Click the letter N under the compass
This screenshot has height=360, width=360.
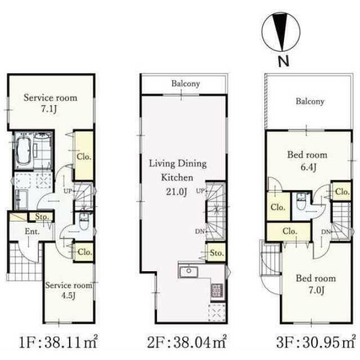(x=283, y=61)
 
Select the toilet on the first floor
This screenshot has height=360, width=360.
(x=83, y=222)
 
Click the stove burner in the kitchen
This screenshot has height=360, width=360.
(x=217, y=291)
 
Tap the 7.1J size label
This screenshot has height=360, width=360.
(x=49, y=109)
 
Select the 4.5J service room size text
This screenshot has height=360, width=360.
(x=68, y=295)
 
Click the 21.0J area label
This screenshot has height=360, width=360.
(x=177, y=192)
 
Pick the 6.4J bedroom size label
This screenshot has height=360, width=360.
(x=309, y=167)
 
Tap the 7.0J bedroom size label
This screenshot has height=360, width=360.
(x=316, y=290)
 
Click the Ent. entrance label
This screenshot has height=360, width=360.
(x=32, y=231)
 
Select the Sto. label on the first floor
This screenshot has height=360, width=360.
(x=42, y=217)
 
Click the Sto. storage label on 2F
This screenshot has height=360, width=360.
(x=217, y=253)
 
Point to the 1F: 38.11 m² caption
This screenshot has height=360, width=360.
(x=58, y=343)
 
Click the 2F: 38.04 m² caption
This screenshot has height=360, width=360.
(x=187, y=343)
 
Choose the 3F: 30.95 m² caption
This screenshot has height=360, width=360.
(x=316, y=343)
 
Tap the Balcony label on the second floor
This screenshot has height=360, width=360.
(x=186, y=84)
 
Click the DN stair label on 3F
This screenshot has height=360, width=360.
(x=326, y=232)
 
